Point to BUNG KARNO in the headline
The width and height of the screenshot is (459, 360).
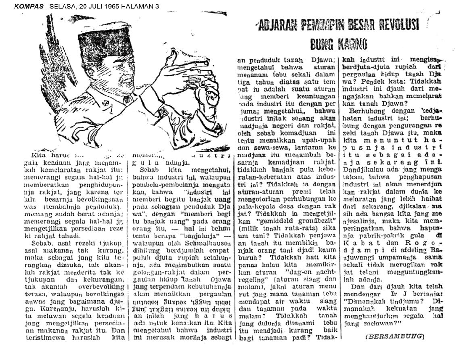tap(339, 43)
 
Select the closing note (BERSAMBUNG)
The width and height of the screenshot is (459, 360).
tap(394, 336)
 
